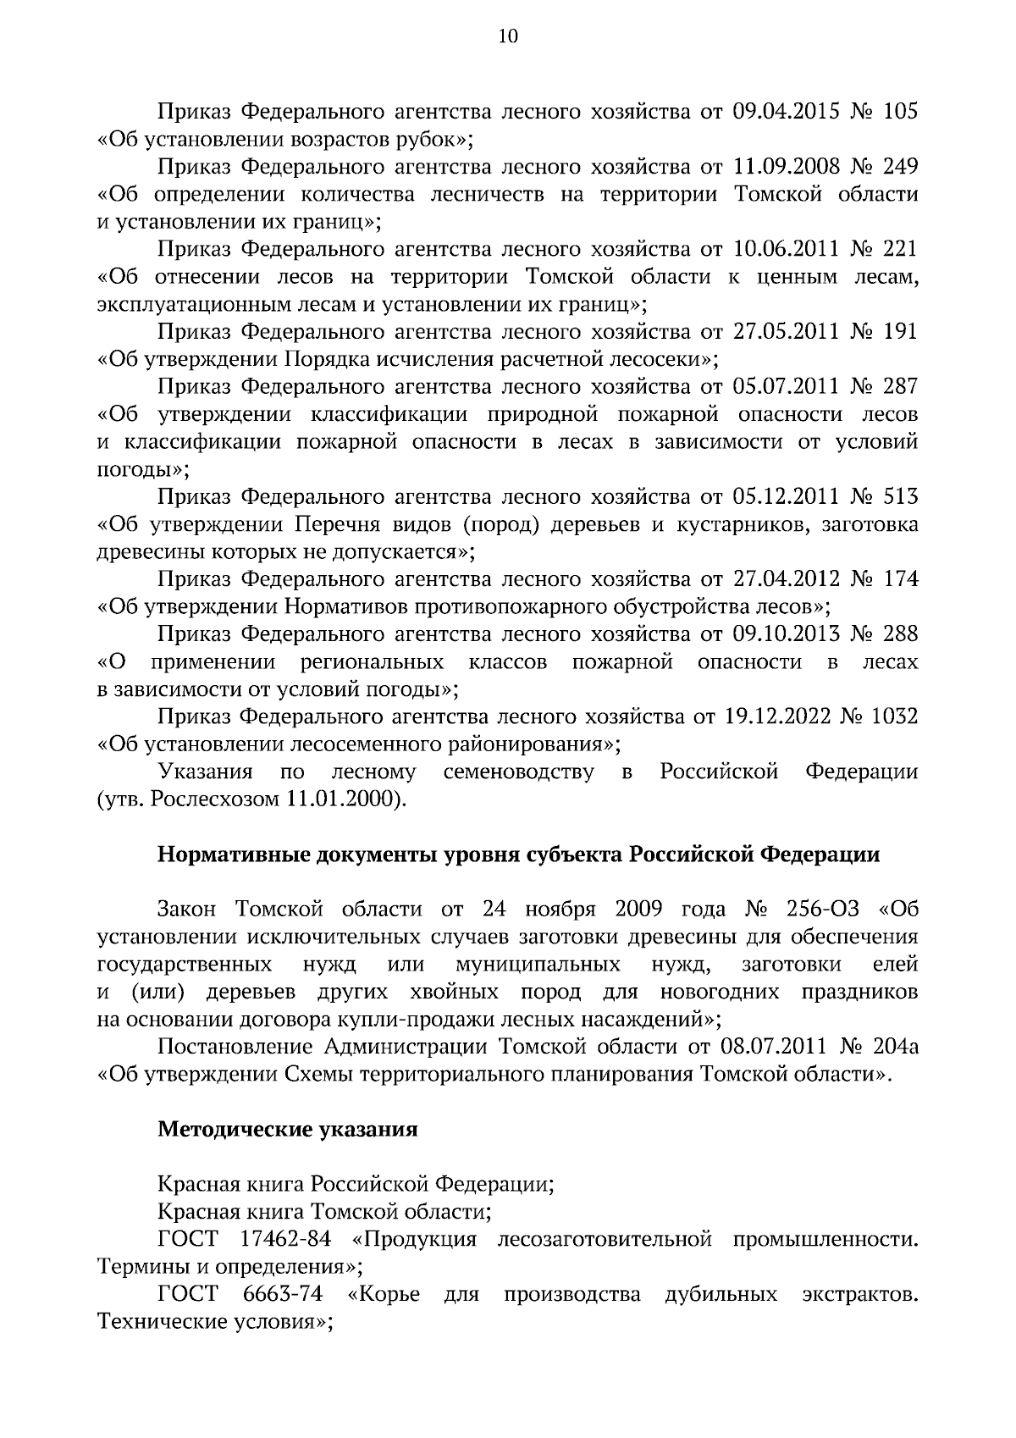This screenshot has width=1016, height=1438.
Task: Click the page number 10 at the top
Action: (x=508, y=36)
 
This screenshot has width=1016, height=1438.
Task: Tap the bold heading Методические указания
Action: (x=288, y=1130)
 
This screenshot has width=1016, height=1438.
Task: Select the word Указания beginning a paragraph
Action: (x=206, y=772)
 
